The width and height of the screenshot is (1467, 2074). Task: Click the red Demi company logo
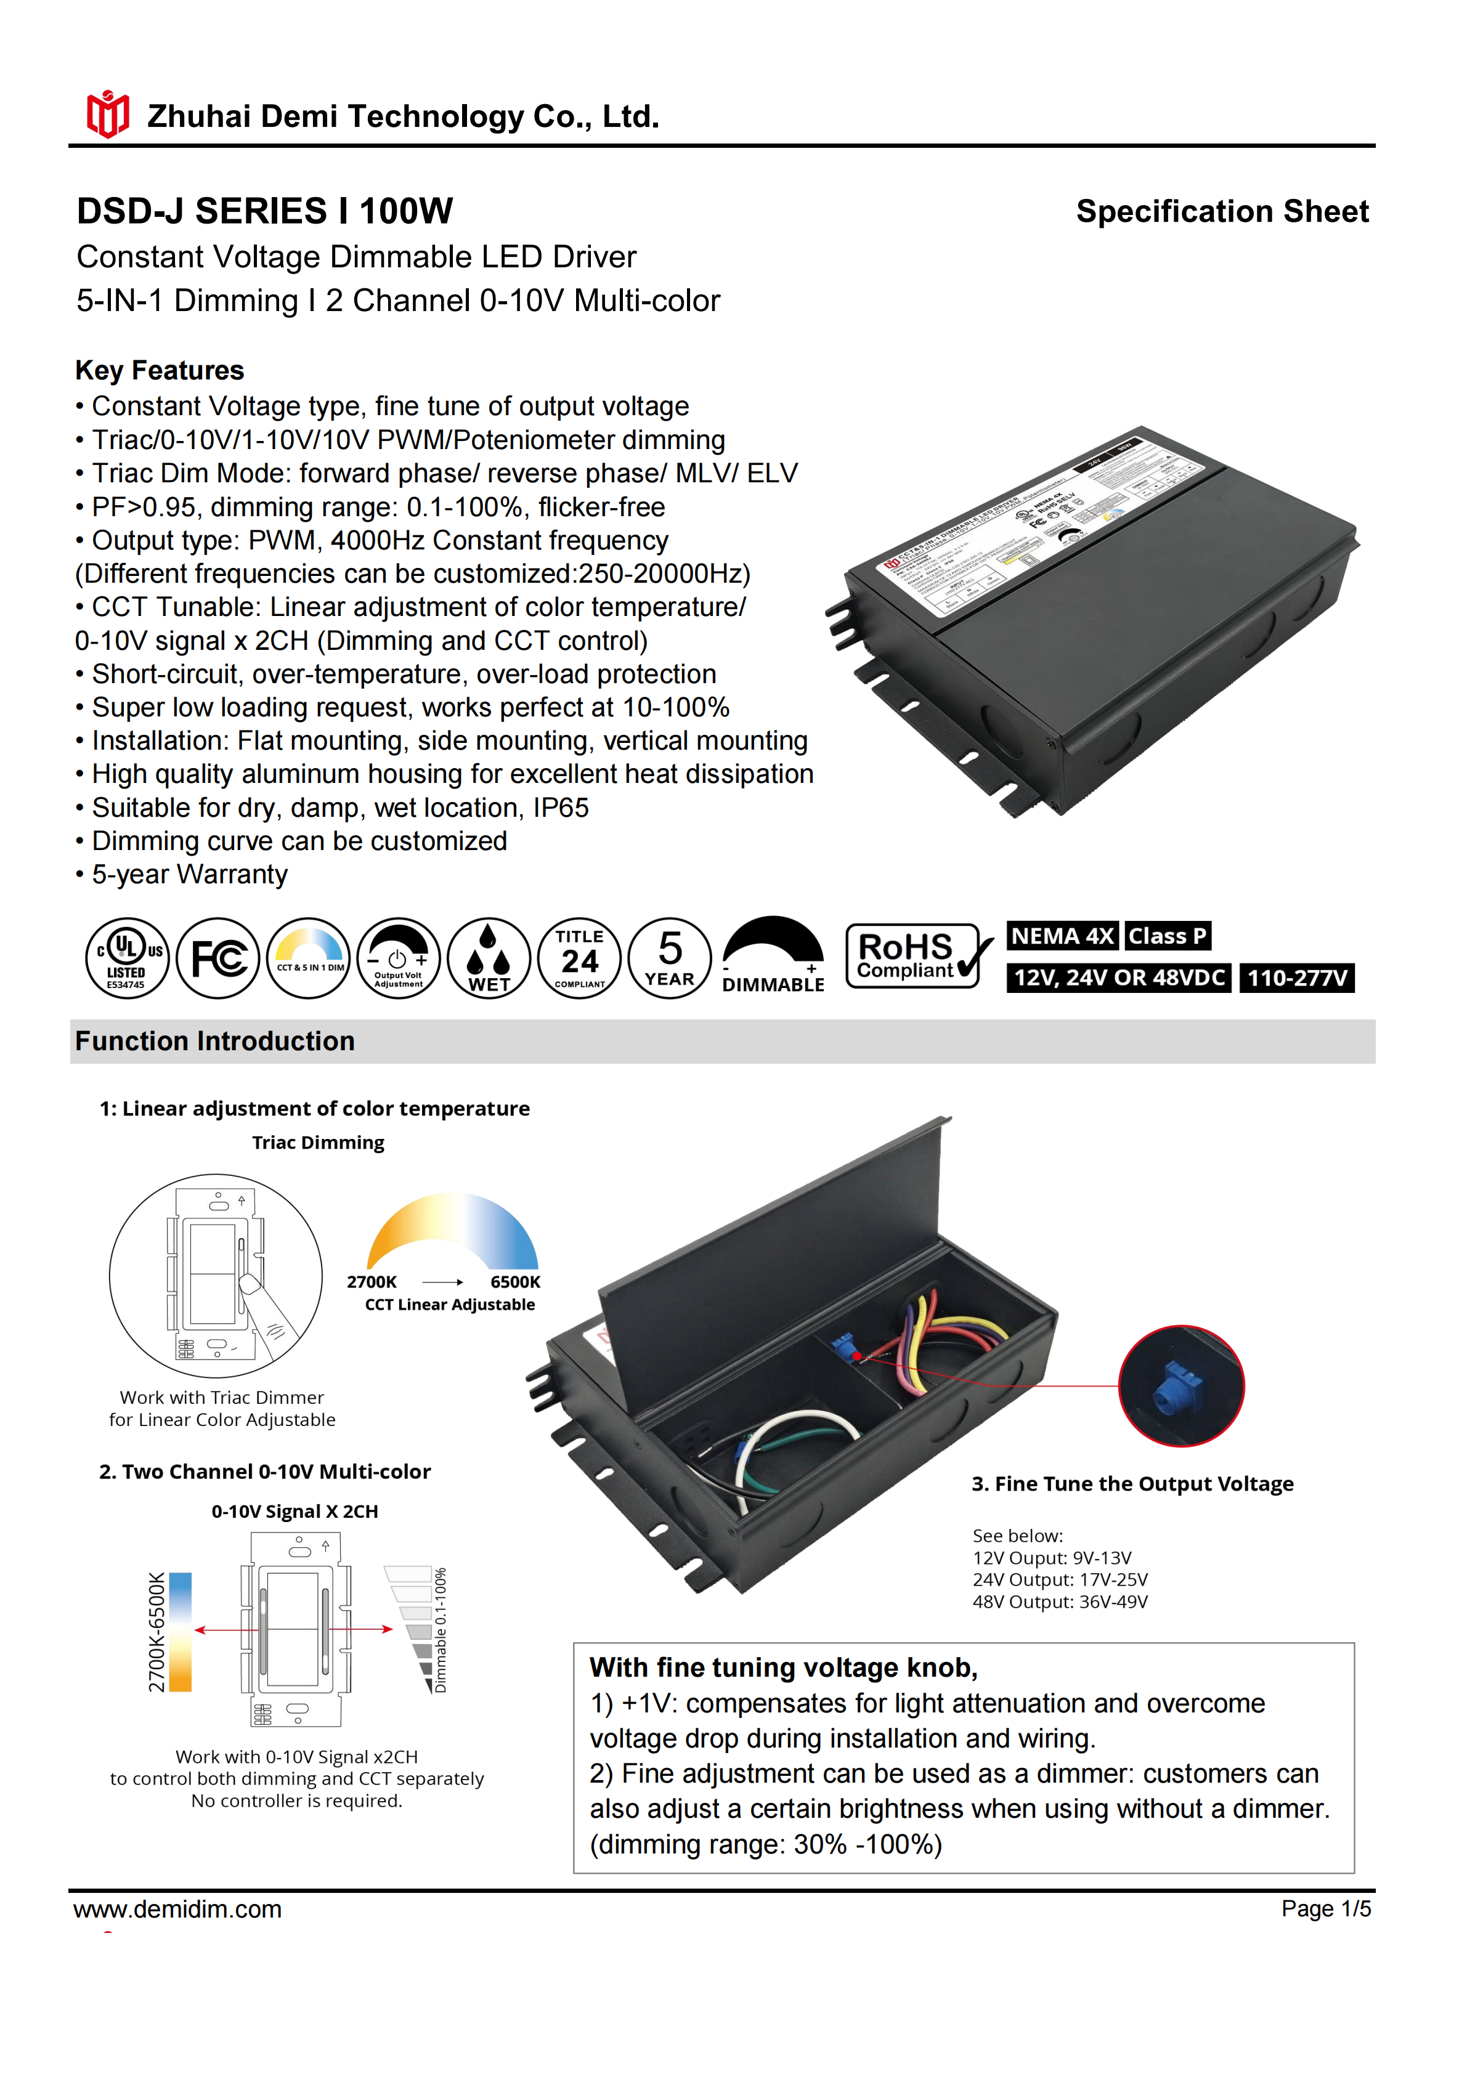pos(107,115)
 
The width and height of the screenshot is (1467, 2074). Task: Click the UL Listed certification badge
pos(126,958)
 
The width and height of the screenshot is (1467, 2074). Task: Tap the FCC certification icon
pos(217,958)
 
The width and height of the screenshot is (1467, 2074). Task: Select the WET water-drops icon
pos(489,958)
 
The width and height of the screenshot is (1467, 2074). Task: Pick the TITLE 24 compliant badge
pos(579,958)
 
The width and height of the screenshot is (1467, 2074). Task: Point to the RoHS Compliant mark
pos(915,956)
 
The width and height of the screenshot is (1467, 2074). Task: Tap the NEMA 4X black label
pos(1062,936)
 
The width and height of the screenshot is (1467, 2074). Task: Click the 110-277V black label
pos(1296,978)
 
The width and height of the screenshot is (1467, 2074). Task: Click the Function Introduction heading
pos(215,1042)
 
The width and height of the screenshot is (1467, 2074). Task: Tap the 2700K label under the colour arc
pos(372,1282)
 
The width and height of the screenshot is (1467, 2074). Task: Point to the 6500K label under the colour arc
pos(515,1282)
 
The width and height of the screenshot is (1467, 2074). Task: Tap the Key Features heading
pos(160,370)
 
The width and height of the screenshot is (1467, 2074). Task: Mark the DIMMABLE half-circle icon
pos(773,957)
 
